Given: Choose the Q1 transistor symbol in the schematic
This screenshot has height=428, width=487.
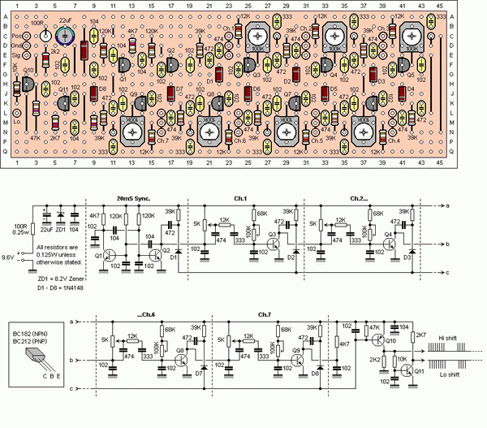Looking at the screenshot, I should coord(110,256).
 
